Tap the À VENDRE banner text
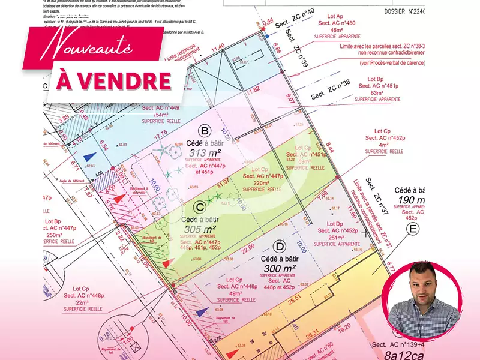pos(113,80)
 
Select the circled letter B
pos(205,131)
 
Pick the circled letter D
pos(278,245)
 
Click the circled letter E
pos(413,228)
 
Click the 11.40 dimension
pos(217,46)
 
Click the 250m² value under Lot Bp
pos(54,235)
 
